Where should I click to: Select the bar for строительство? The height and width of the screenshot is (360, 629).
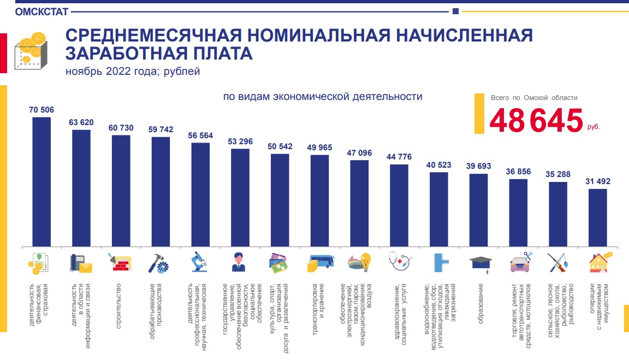click(121, 191)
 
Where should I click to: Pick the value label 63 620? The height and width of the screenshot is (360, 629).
click(81, 122)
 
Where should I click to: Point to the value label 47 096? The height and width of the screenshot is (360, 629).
click(359, 153)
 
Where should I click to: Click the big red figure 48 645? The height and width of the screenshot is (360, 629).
click(536, 121)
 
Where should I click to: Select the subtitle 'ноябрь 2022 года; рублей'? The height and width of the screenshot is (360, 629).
click(133, 72)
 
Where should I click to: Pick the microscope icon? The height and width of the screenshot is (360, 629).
click(200, 262)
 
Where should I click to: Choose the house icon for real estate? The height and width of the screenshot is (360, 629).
click(600, 262)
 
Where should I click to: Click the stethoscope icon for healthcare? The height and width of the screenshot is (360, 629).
click(399, 262)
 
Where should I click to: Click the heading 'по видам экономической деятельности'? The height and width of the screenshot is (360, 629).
click(322, 97)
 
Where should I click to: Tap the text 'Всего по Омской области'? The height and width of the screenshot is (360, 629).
click(533, 98)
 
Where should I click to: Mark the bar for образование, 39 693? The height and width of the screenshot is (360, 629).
click(478, 210)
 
